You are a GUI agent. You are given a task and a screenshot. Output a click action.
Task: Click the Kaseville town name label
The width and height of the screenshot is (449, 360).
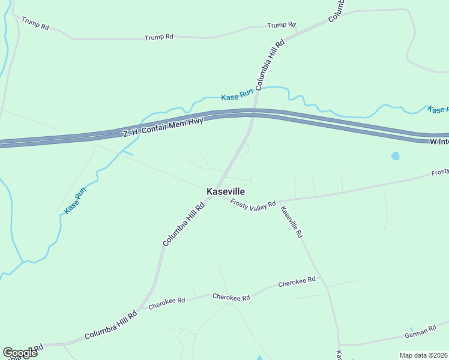[226, 191]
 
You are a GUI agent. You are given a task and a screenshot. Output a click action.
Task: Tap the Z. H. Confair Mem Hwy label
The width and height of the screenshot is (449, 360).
[164, 127]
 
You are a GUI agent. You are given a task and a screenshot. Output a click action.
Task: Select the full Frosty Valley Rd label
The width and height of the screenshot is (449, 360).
[253, 203]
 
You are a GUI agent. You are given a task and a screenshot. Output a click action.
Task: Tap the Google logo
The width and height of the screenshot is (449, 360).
[20, 353]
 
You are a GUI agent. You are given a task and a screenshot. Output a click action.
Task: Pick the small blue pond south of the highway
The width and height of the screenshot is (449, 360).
[395, 156]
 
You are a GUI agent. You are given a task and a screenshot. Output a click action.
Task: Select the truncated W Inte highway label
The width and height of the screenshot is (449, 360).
[439, 142]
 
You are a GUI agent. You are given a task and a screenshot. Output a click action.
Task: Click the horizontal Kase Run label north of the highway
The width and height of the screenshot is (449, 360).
[238, 96]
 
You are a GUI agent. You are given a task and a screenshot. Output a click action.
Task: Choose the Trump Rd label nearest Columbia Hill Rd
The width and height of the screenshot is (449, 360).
[282, 25]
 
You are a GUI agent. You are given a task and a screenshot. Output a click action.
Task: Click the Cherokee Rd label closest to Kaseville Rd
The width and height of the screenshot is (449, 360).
[297, 282]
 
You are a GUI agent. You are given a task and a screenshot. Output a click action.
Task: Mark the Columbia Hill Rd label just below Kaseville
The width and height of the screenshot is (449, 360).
[183, 224]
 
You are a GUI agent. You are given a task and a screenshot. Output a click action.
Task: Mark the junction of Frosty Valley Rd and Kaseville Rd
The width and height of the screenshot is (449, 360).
[278, 201]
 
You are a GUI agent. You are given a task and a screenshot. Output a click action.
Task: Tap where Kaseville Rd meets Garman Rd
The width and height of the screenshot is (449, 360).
[340, 345]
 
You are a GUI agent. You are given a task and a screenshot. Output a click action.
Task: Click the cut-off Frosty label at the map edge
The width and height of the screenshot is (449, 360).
[439, 173]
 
